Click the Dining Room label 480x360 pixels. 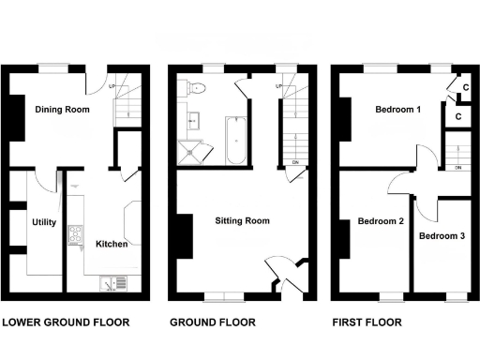[62, 111]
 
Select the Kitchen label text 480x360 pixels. [112, 245]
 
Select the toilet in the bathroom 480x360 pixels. [195, 86]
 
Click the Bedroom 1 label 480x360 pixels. [398, 111]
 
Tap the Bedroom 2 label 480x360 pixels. [381, 222]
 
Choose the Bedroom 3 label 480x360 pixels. [442, 235]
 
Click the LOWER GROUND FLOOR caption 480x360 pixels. [66, 322]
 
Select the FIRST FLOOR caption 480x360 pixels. [367, 322]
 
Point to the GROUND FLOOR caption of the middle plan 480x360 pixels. [212, 322]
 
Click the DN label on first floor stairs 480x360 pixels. [457, 168]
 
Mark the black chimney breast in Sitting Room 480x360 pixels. [185, 235]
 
